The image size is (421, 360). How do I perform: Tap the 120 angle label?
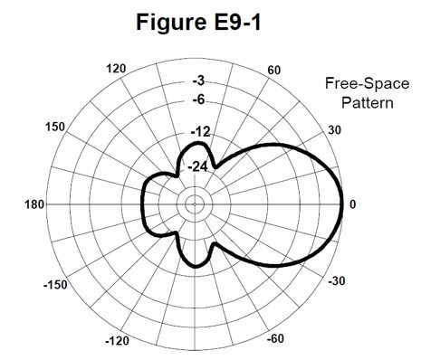point(115,70)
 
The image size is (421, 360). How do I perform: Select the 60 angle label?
point(274,70)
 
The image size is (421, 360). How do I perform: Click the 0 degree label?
point(353,204)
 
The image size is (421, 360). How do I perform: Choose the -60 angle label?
point(276,340)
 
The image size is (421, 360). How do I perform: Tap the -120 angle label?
point(118,340)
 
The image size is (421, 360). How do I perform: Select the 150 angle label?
point(55,128)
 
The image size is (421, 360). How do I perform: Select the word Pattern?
point(367,102)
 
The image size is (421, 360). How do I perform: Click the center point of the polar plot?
point(194,204)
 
